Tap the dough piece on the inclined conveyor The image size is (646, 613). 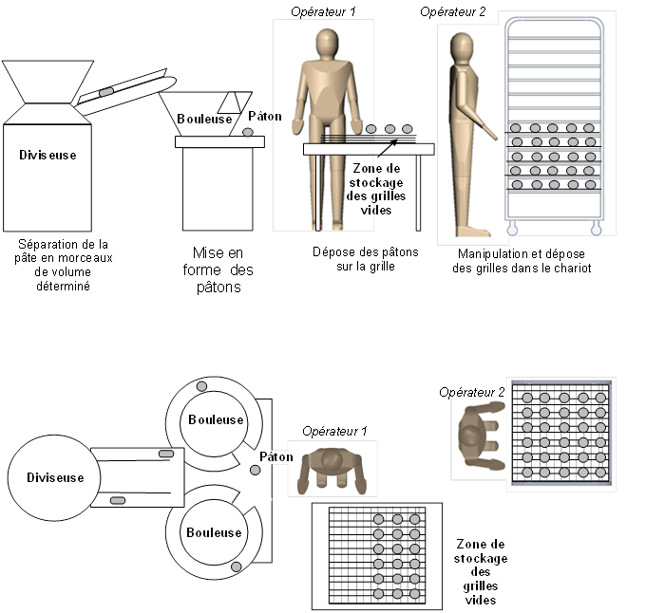tap(107, 91)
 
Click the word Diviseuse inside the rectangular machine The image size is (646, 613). tap(47, 154)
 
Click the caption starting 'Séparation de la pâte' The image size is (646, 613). tap(65, 259)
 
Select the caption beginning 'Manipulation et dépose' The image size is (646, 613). tap(520, 261)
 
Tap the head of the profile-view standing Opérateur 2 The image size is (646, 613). tap(463, 46)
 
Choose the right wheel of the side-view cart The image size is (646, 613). tap(596, 227)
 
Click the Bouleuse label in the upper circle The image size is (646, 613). tap(215, 419)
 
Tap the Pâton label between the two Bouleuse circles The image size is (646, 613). tap(276, 456)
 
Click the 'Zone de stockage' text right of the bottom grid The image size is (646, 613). tap(481, 572)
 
